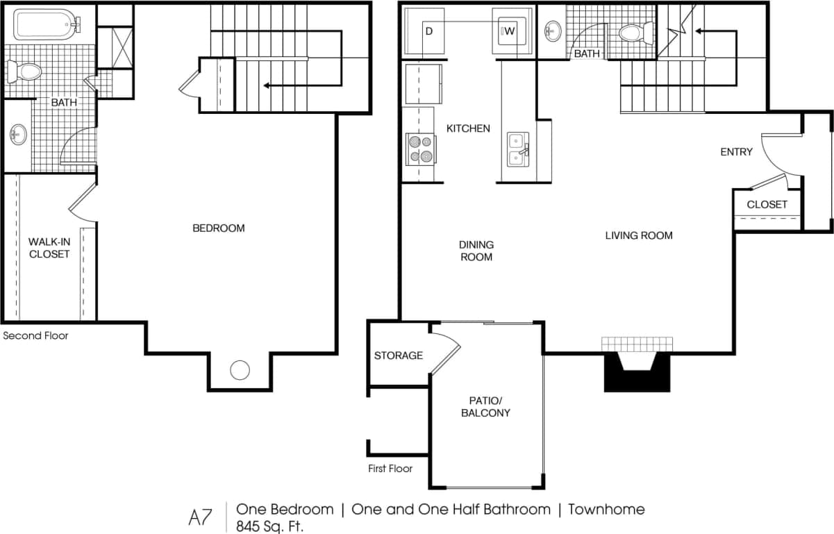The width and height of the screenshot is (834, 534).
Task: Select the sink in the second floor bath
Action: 18,134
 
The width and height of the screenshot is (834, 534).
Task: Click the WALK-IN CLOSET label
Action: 49,248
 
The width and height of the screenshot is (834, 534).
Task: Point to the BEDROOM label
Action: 218,228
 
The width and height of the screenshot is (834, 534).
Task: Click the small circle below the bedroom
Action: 240,370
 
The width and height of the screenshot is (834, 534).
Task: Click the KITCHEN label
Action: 468,128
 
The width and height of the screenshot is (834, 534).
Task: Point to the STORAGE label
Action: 399,356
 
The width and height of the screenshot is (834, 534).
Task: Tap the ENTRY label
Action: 736,151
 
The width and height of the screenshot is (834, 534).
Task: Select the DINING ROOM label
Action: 476,251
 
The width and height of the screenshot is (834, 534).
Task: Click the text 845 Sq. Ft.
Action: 270,526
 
